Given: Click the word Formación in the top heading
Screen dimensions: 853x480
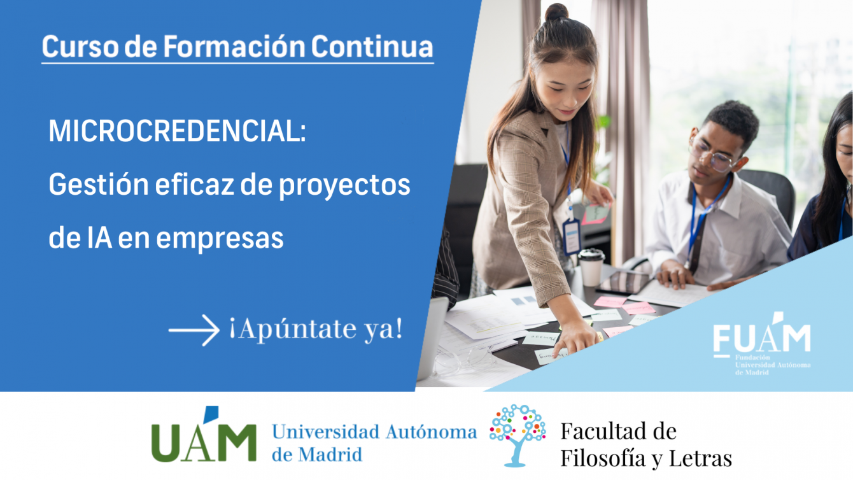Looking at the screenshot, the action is (x=234, y=47).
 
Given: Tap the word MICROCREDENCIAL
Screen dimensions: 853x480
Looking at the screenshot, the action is (x=177, y=131).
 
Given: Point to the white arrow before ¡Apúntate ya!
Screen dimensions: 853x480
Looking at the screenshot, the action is (x=194, y=330).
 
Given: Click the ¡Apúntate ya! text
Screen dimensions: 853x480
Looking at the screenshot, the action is (x=316, y=329).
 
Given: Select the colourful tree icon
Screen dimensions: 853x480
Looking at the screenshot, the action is (x=518, y=435).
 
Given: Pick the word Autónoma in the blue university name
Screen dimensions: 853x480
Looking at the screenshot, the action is (x=432, y=433).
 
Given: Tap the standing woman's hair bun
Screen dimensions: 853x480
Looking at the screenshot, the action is (x=556, y=13).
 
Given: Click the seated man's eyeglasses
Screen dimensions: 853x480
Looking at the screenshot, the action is (x=712, y=156).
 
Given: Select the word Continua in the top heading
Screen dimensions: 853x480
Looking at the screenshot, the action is (x=372, y=47).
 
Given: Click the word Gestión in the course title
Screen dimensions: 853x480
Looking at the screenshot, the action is (x=99, y=185).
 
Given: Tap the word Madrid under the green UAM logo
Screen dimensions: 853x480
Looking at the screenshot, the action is (x=330, y=455).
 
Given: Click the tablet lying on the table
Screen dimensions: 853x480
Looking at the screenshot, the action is (x=623, y=283).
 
